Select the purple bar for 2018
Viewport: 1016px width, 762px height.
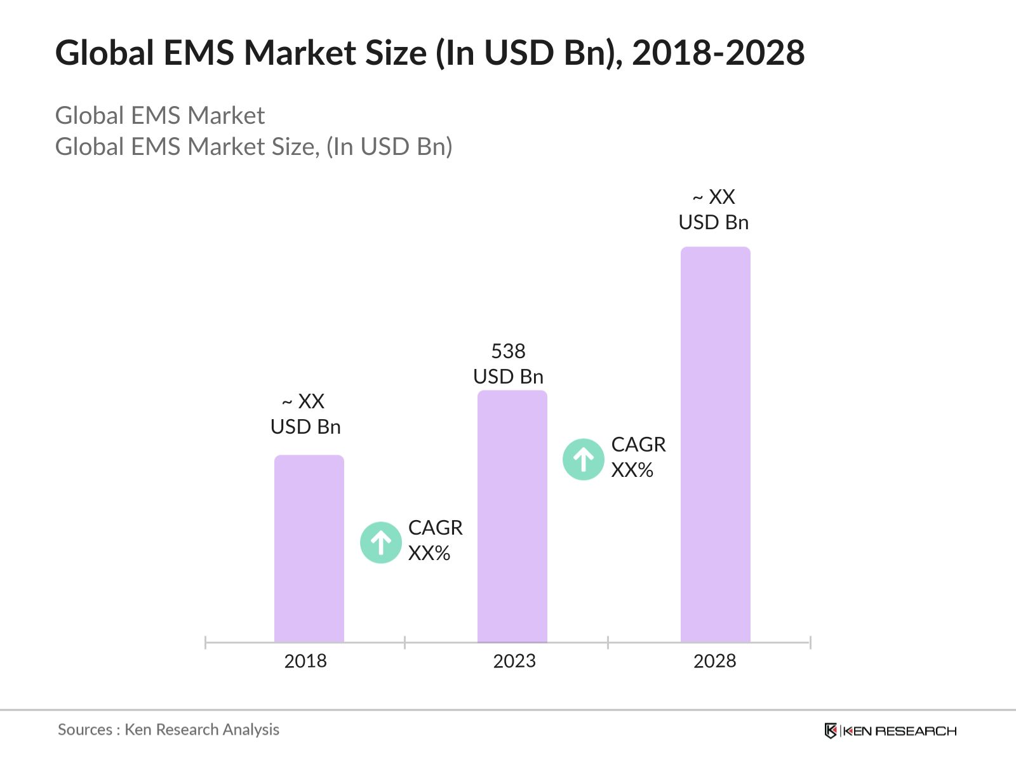pyautogui.click(x=309, y=549)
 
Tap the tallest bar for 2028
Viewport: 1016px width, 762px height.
pyautogui.click(x=715, y=444)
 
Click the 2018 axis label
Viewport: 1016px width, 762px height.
pyautogui.click(x=305, y=661)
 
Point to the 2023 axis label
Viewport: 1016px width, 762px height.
pyautogui.click(x=514, y=661)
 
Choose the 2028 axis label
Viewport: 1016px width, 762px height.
pyautogui.click(x=714, y=661)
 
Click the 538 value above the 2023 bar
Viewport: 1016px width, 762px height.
pyautogui.click(x=508, y=351)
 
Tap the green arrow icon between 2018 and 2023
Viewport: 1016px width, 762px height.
pyautogui.click(x=381, y=542)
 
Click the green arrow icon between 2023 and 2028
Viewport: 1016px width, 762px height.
pyautogui.click(x=583, y=459)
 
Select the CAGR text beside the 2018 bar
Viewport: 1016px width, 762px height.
pyautogui.click(x=435, y=528)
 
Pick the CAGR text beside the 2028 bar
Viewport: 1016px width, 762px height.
pyautogui.click(x=638, y=444)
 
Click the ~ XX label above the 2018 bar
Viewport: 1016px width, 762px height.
pyautogui.click(x=304, y=401)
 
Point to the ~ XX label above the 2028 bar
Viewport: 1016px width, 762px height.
pyautogui.click(x=714, y=197)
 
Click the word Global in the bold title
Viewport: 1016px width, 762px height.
pyautogui.click(x=105, y=53)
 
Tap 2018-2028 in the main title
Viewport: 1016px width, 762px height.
pyautogui.click(x=718, y=53)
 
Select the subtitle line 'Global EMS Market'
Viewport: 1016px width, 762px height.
pyautogui.click(x=160, y=116)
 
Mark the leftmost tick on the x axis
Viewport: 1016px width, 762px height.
pyautogui.click(x=205, y=643)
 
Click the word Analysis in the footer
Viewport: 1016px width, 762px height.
pyautogui.click(x=251, y=730)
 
